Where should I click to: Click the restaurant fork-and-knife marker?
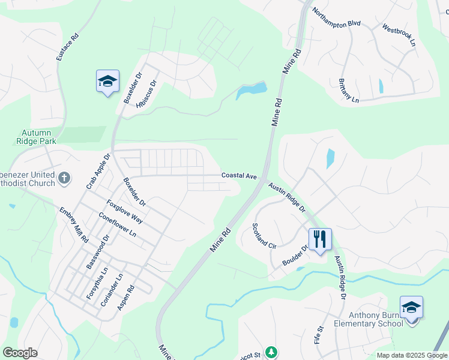(x=320, y=239)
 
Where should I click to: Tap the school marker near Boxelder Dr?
(x=107, y=82)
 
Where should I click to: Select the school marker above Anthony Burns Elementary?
(x=411, y=307)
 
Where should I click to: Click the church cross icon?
(x=64, y=178)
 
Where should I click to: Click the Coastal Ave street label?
(x=239, y=175)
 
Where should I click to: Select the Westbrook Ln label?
(x=399, y=35)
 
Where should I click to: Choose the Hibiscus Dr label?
(x=146, y=94)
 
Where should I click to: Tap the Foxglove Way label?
(x=125, y=211)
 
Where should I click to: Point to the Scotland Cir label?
(x=264, y=236)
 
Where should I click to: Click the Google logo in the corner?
(x=20, y=352)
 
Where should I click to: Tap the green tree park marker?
(x=271, y=352)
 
